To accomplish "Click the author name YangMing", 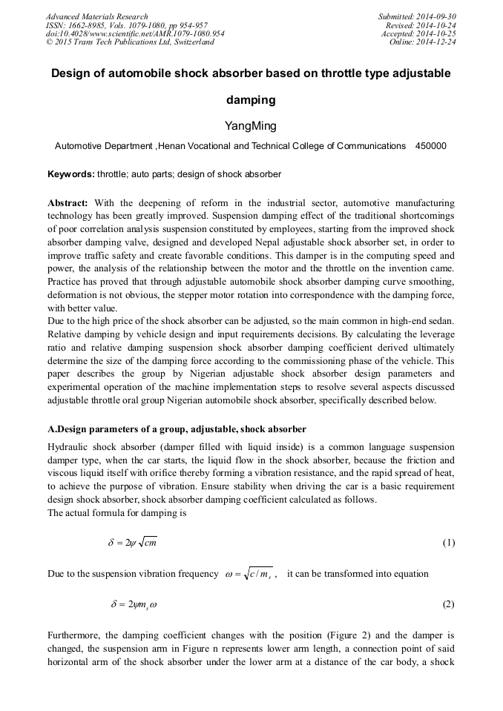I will click(x=251, y=126).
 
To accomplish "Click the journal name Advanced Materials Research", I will click(x=97, y=16).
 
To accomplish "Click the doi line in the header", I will click(x=135, y=34).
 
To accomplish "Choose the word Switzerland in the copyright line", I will click(x=190, y=42).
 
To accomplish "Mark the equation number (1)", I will click(x=448, y=543).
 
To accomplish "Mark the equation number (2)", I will click(x=448, y=604).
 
